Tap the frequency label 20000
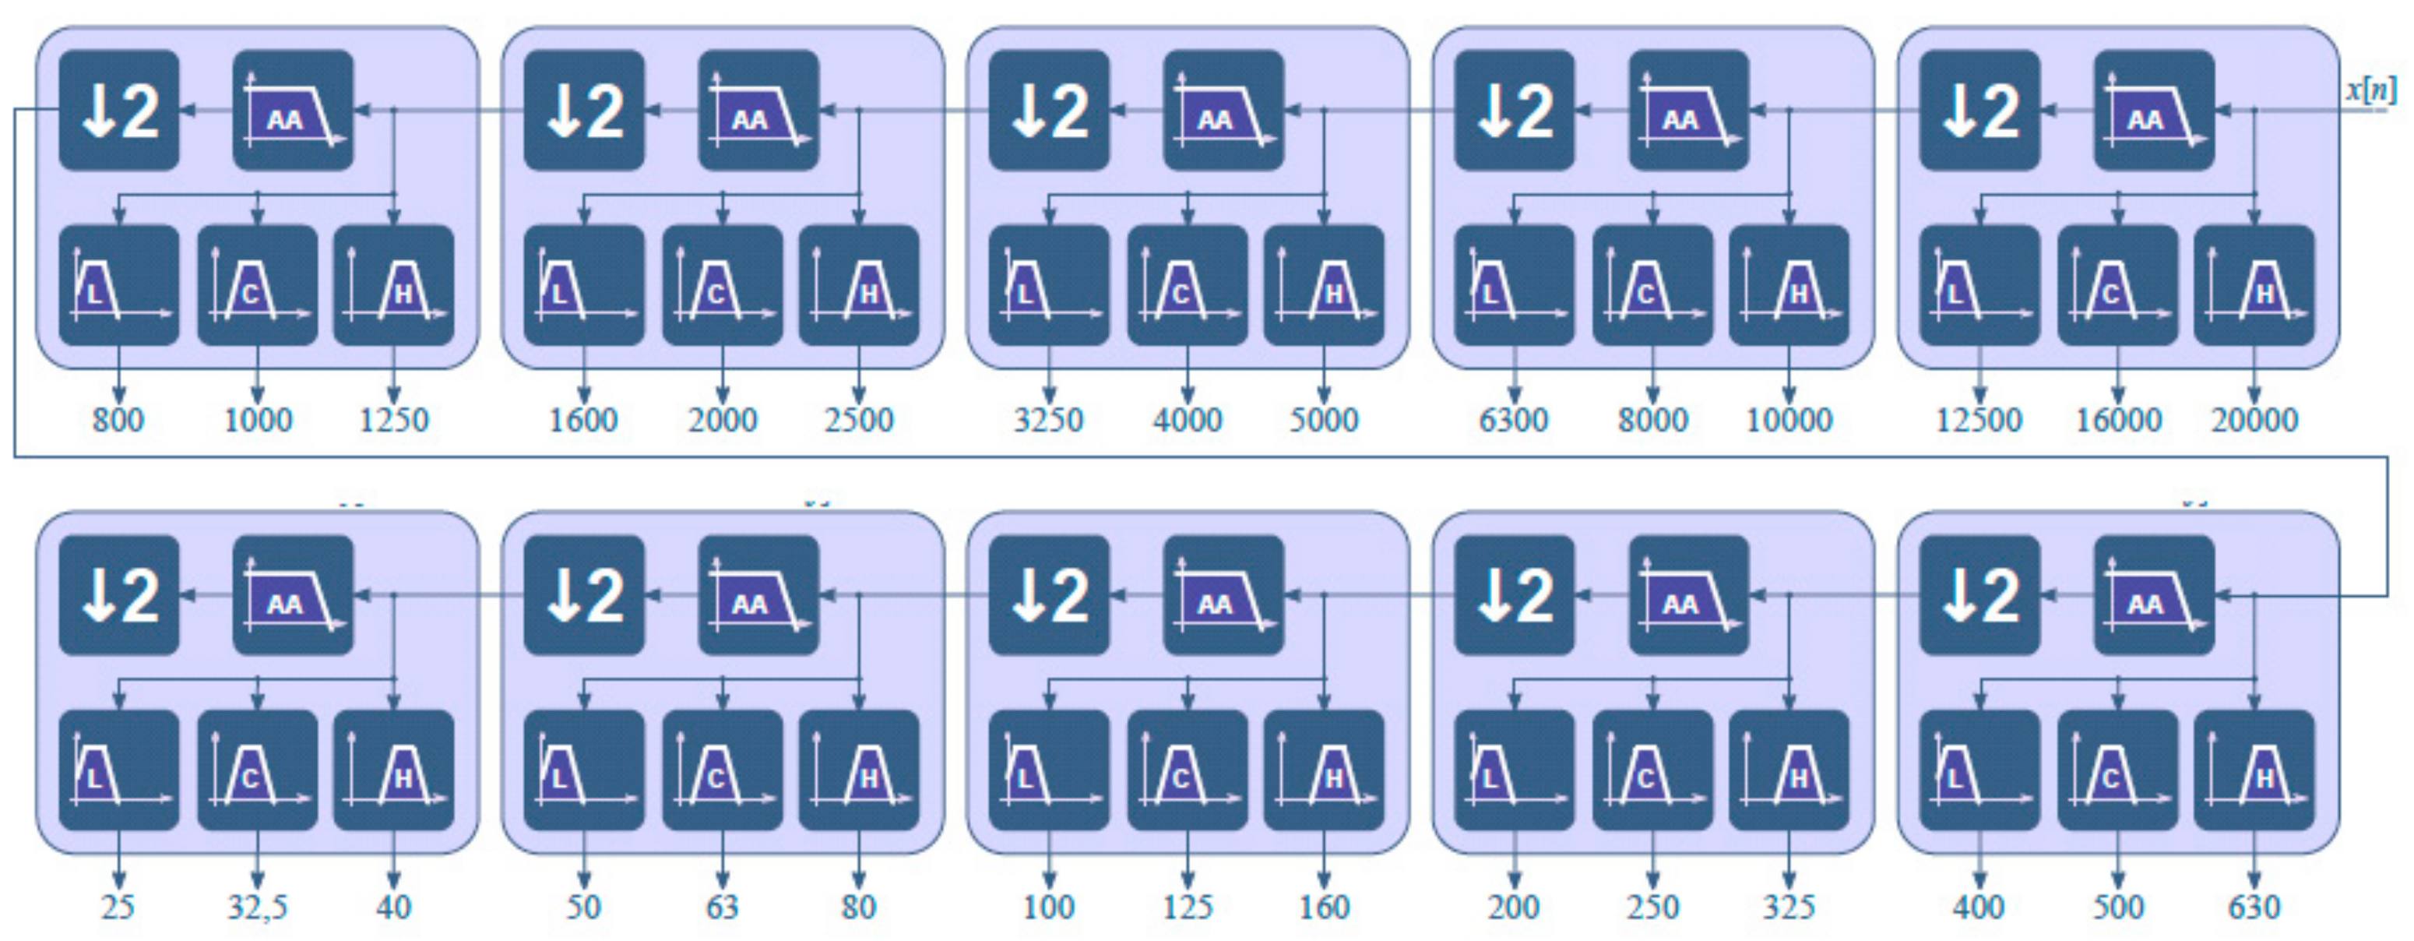click(2254, 420)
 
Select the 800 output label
click(118, 420)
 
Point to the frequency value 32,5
click(257, 906)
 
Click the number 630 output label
click(2254, 906)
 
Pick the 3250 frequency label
click(1049, 420)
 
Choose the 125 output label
click(1188, 906)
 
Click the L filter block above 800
click(119, 285)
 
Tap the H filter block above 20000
click(2254, 285)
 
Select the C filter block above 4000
click(1188, 285)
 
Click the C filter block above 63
click(723, 770)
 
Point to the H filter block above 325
click(1789, 770)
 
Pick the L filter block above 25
click(119, 770)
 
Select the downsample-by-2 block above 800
click(119, 111)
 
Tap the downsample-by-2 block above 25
click(119, 595)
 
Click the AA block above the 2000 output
click(758, 111)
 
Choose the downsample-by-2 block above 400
click(1979, 595)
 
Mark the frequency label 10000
click(1789, 420)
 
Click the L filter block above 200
click(1515, 770)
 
